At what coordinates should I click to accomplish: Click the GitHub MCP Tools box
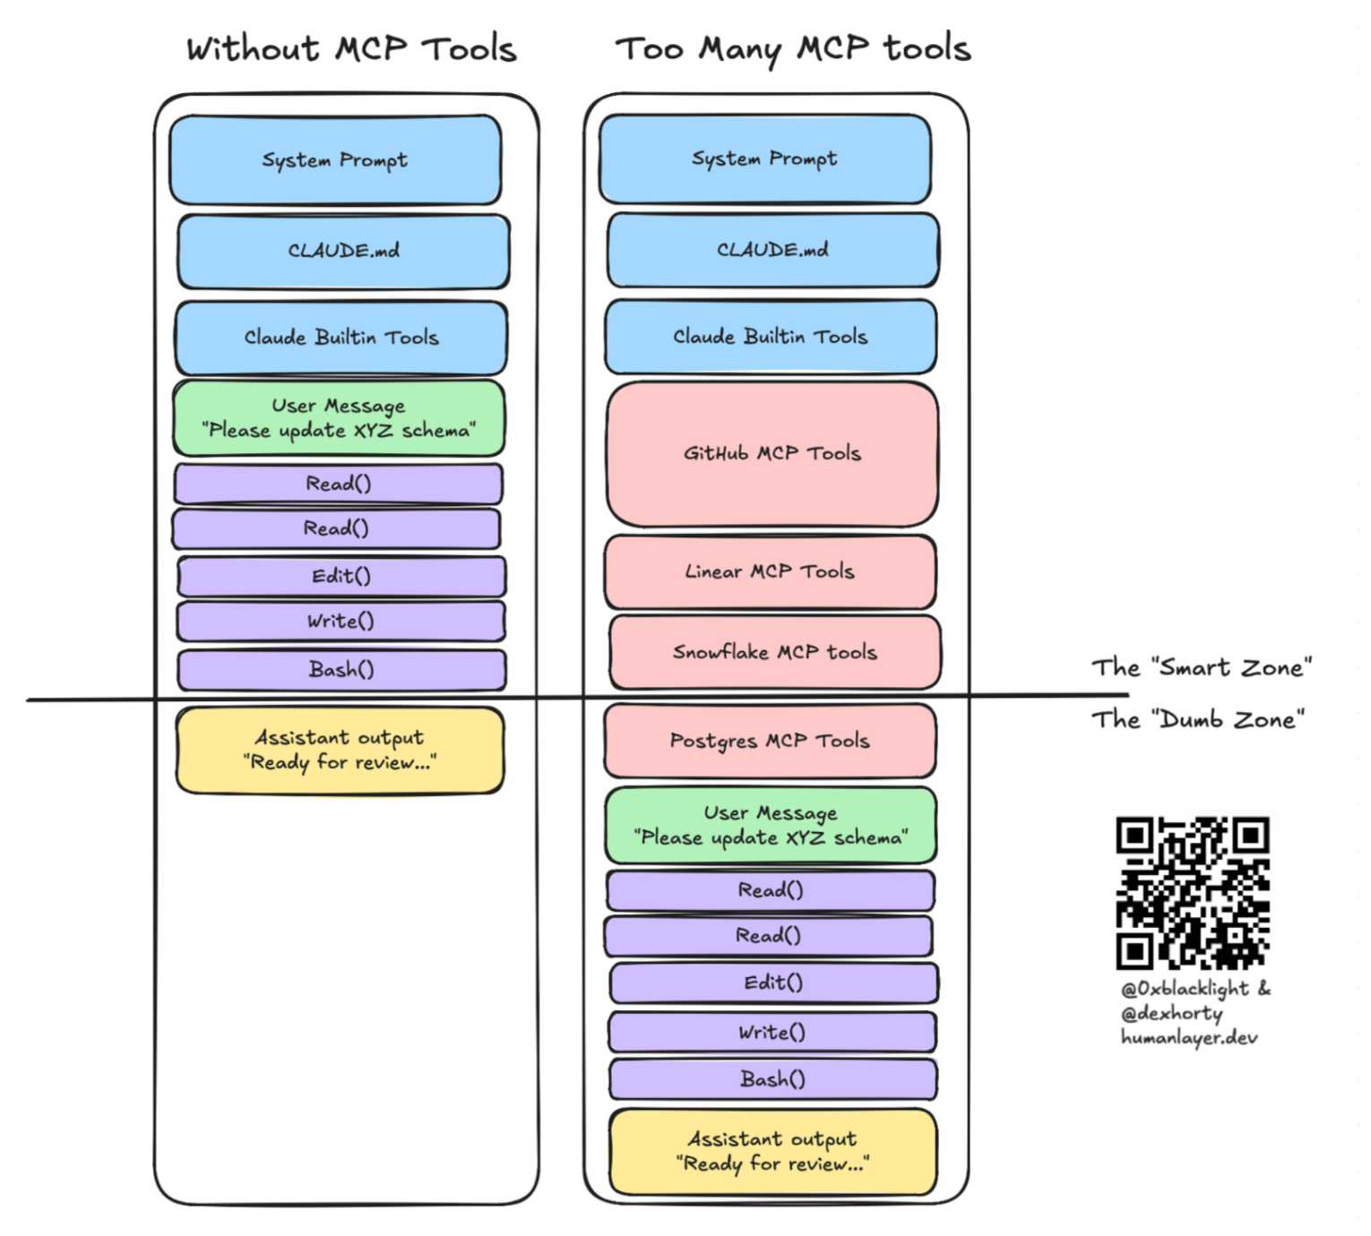pos(772,454)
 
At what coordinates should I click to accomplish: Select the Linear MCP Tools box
pos(770,571)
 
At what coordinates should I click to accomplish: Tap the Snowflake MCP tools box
pos(774,652)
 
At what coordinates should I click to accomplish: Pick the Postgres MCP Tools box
pos(770,741)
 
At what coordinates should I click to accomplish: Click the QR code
pos(1192,892)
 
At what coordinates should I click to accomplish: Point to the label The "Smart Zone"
pos(1201,667)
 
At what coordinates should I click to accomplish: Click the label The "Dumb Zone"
pos(1197,719)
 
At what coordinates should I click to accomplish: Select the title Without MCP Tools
pos(351,48)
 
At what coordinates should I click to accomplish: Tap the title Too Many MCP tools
pos(793,48)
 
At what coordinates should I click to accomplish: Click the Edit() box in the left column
pos(341,576)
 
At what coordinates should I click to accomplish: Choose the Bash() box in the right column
pos(772,1079)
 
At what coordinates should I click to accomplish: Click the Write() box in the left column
pos(341,621)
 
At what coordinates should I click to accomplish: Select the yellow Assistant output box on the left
pos(340,750)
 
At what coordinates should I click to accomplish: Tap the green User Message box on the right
pos(771,825)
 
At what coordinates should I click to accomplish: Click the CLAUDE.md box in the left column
pos(343,251)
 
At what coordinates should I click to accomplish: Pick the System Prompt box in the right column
pos(764,159)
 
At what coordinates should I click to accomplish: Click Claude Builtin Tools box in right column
pos(771,337)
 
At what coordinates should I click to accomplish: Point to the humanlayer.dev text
pos(1189,1037)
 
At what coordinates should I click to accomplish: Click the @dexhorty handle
pos(1171,1013)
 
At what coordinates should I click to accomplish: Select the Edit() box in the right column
pos(773,983)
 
